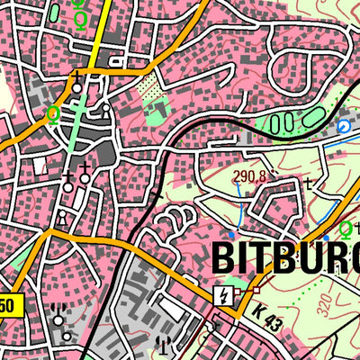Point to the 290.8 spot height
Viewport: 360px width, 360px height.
point(248,176)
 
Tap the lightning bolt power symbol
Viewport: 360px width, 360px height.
point(220,294)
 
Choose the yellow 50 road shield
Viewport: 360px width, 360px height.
point(6,306)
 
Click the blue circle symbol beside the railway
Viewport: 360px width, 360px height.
point(343,128)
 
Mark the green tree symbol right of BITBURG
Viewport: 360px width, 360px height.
point(346,228)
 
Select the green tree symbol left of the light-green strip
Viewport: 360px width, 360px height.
point(53,114)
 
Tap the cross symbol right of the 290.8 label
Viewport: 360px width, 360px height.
point(308,184)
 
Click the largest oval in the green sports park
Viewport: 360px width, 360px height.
point(313,116)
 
